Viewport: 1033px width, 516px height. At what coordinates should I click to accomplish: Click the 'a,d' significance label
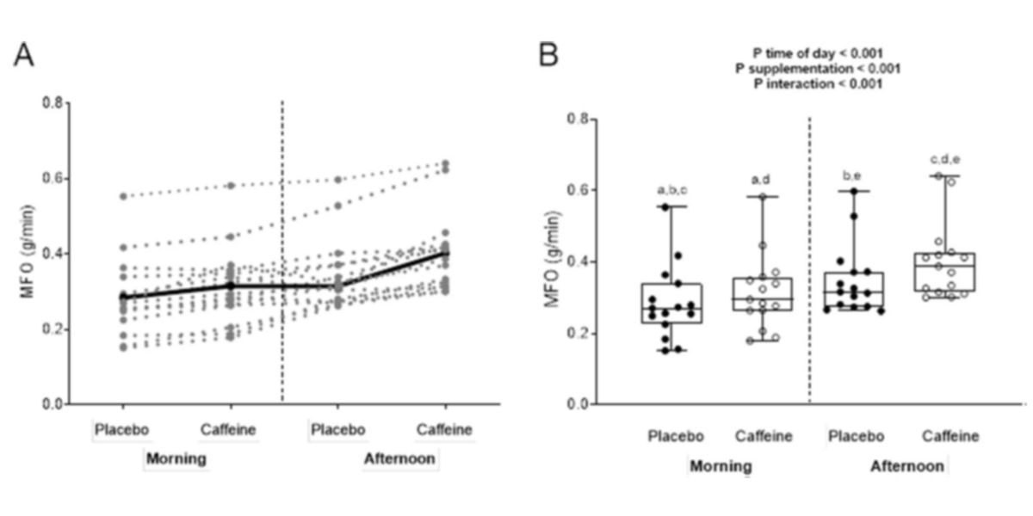[x=762, y=178]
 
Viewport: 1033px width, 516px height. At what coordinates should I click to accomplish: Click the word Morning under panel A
[x=176, y=458]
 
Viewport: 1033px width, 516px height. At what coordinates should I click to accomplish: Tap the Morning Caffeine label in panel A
[x=228, y=430]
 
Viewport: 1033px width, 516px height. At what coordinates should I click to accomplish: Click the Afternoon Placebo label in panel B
[x=853, y=436]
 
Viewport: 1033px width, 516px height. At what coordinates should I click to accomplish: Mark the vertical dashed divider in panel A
[x=282, y=258]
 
